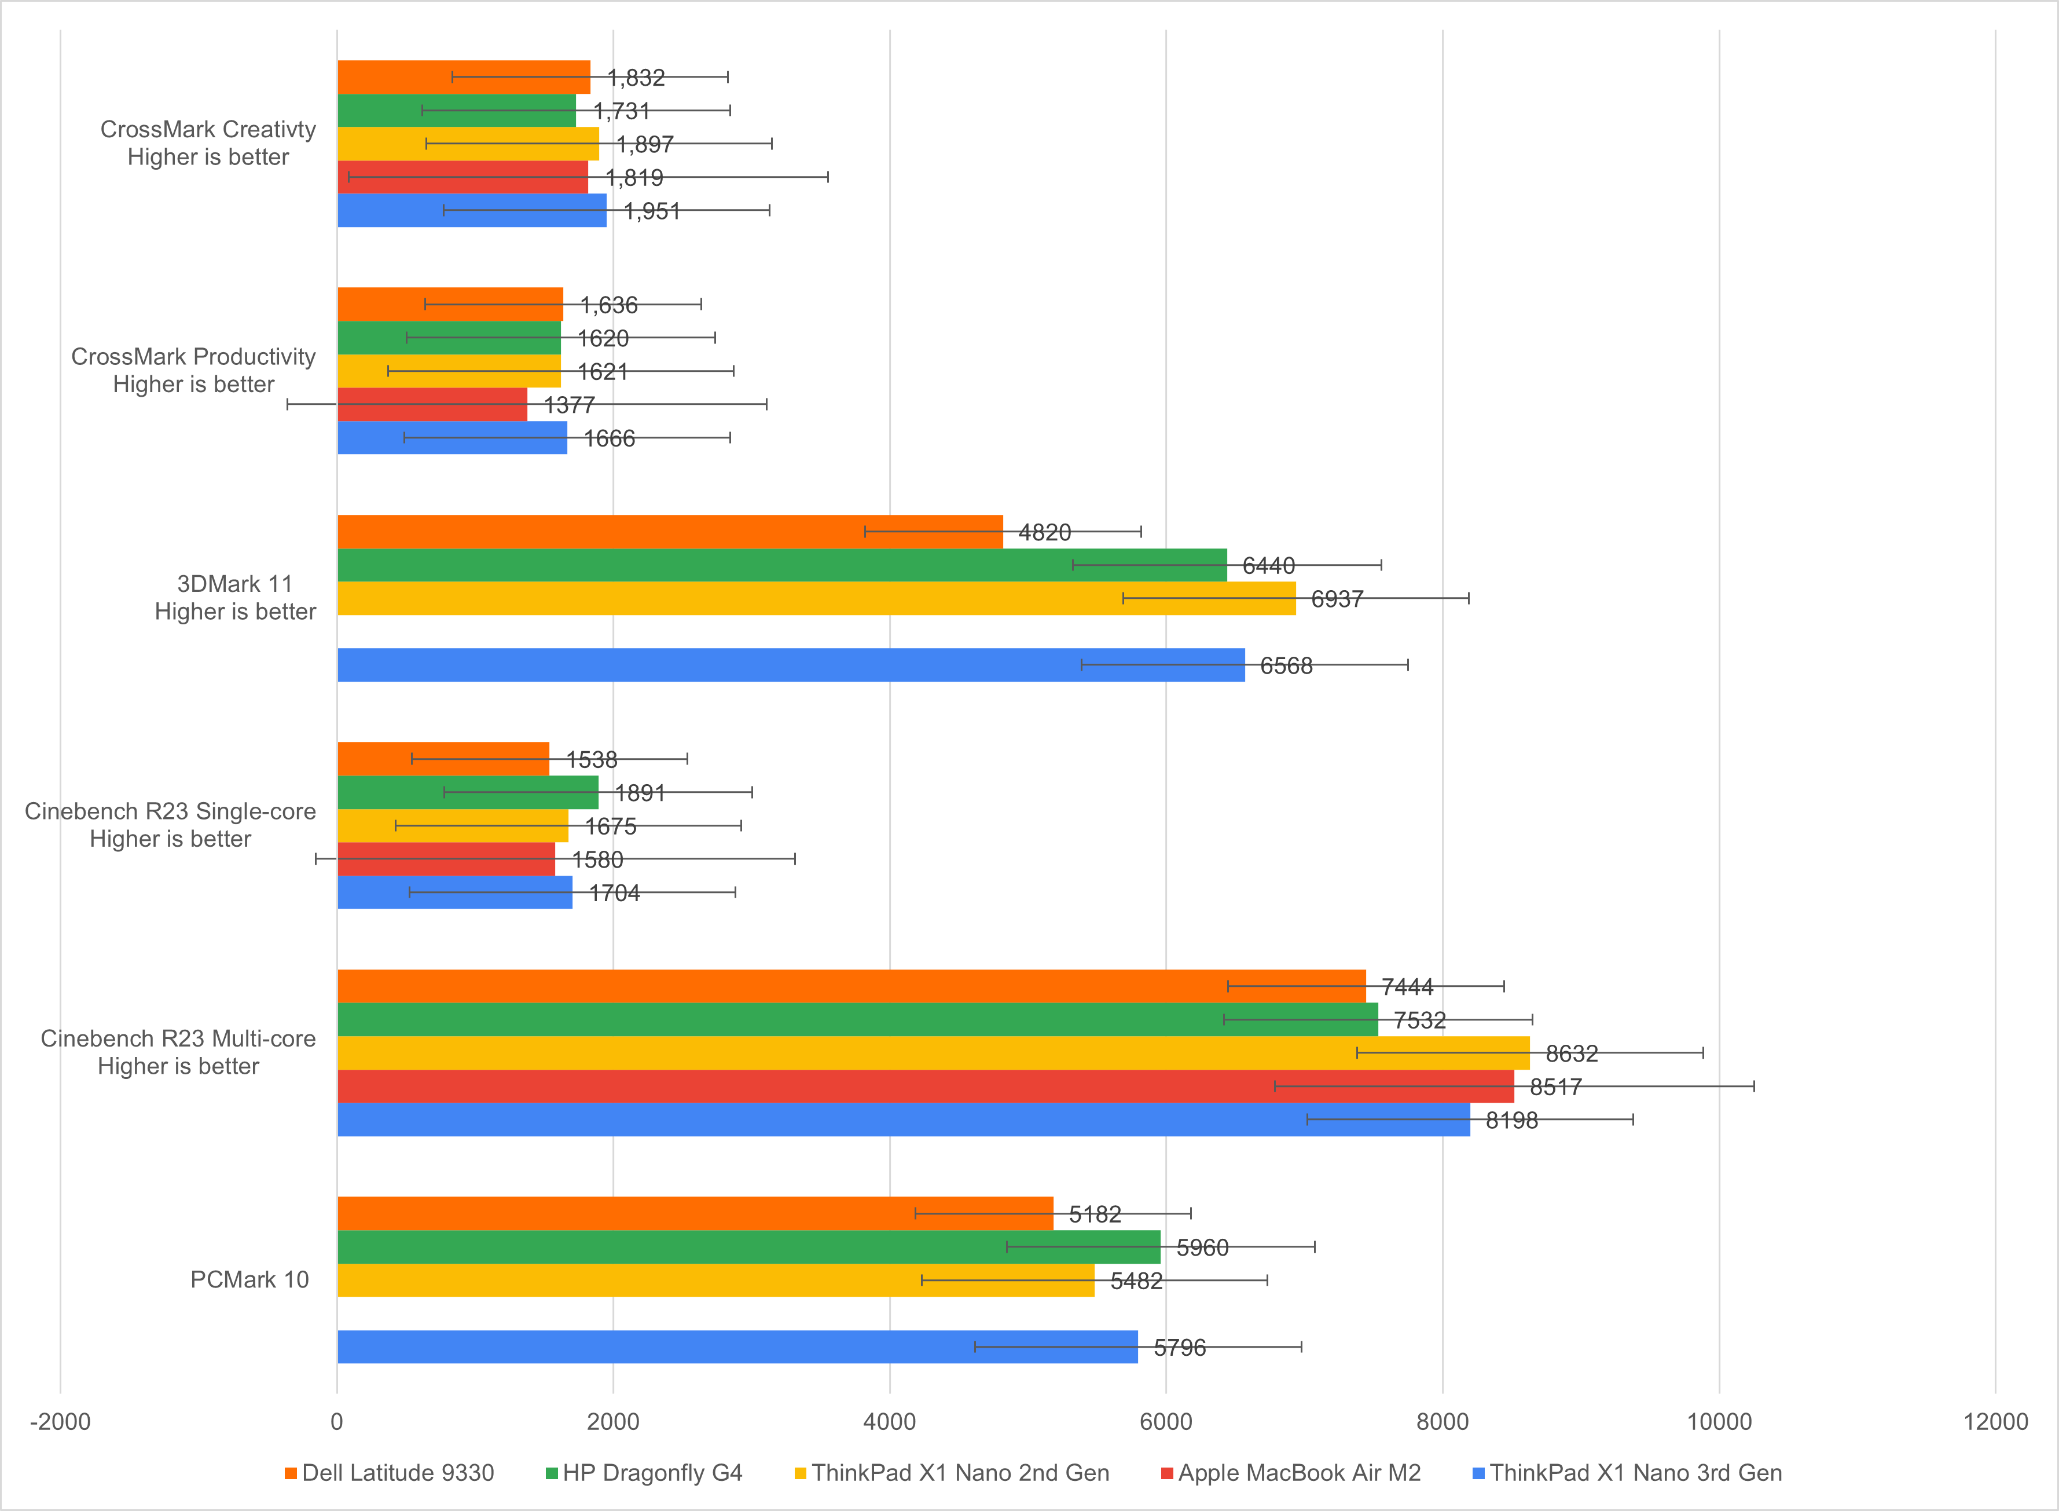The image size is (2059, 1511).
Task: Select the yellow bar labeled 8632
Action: (x=933, y=1053)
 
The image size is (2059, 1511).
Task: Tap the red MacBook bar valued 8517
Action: (x=925, y=1086)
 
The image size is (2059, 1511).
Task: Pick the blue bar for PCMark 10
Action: (x=737, y=1347)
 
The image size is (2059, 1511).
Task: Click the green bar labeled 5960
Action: (x=748, y=1247)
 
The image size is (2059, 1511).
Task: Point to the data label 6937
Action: (x=1337, y=599)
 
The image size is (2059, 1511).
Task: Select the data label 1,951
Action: (x=652, y=211)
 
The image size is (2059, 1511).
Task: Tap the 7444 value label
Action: (x=1407, y=987)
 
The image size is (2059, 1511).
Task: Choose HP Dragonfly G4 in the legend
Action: (x=652, y=1473)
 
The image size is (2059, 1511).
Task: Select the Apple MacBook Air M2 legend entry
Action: (x=1299, y=1473)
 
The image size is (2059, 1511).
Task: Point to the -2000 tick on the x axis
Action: (x=60, y=1421)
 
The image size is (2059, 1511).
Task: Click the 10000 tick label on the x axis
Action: (x=1719, y=1421)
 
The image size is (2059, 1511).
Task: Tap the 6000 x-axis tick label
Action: (x=1166, y=1421)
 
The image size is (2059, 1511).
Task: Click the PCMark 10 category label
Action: (x=249, y=1279)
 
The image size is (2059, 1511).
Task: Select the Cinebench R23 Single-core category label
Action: (x=170, y=825)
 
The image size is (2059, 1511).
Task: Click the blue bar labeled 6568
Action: (x=791, y=665)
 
